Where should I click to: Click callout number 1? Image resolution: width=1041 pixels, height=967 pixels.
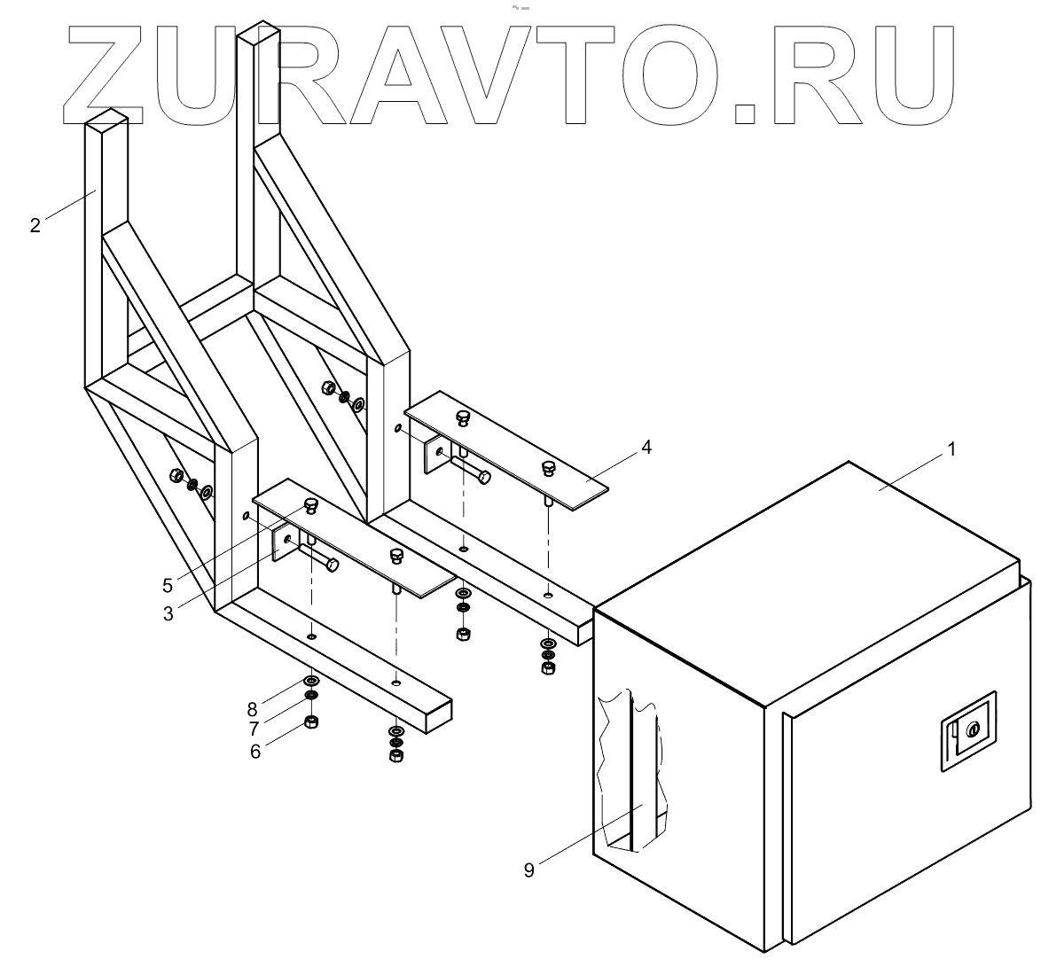[951, 449]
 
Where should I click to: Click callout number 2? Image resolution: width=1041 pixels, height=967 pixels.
[35, 225]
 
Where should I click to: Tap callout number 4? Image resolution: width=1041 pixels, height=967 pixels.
[646, 448]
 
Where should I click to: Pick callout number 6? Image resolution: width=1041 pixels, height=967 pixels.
[256, 750]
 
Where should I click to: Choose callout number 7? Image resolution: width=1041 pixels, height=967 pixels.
[254, 729]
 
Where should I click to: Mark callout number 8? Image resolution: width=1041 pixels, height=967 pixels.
[253, 708]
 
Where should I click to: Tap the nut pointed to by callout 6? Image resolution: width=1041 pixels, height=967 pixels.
[311, 721]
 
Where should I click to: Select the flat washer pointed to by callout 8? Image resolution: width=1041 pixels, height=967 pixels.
[311, 681]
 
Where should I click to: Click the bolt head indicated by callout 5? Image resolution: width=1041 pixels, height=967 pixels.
[311, 504]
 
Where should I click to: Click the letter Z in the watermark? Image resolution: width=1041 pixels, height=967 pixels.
[111, 71]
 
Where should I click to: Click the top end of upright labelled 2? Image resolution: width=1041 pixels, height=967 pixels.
[106, 120]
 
